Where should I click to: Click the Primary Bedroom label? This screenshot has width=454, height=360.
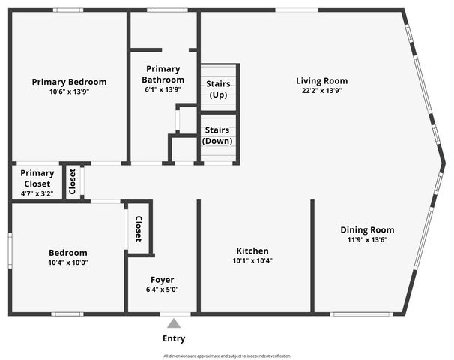69,82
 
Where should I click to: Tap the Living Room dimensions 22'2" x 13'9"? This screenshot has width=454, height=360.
321,91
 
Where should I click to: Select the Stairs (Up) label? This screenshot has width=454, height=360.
218,89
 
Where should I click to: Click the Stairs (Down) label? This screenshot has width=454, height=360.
218,136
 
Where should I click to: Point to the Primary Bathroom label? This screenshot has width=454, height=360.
164,74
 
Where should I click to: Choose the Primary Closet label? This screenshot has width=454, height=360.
37,178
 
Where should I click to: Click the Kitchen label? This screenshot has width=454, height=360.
252,251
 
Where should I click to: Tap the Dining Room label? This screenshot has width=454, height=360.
367,230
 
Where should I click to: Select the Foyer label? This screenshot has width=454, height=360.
162,280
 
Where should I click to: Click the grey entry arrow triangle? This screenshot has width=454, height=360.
174,323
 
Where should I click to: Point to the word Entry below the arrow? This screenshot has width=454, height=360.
174,339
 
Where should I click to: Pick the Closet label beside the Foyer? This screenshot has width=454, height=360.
139,229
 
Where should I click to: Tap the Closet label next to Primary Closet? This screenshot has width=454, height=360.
73,182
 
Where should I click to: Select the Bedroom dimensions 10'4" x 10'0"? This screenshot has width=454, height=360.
68,262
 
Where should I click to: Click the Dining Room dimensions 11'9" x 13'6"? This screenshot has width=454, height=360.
367,240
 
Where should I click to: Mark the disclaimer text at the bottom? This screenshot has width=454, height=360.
227,356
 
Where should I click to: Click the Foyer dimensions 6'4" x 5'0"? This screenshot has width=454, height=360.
162,289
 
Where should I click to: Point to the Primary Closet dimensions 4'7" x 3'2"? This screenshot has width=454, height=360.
37,193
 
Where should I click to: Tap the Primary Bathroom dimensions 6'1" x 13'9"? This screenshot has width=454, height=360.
164,89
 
